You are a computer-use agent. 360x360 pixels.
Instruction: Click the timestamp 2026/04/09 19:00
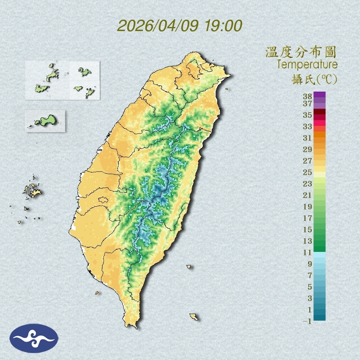pos(180,26)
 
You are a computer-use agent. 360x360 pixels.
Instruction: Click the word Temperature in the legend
pos(307,65)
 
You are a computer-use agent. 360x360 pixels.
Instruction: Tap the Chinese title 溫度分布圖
pos(301,52)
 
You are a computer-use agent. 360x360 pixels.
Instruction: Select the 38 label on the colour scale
pos(308,97)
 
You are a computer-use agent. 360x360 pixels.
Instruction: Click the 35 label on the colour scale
pos(308,115)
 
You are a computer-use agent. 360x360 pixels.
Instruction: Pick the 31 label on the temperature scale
pos(308,138)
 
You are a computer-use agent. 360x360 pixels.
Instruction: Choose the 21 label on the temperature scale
pos(308,195)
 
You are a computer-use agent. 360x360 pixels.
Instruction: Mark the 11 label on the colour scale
pos(308,252)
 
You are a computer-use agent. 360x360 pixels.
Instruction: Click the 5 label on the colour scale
pos(310,286)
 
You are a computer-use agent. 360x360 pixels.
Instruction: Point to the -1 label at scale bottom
pos(308,321)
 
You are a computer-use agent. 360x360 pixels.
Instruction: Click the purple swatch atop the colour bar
pos(319,94)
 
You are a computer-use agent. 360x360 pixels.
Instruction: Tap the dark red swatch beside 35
pos(319,112)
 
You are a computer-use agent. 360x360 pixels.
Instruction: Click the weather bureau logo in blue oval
pos(34,338)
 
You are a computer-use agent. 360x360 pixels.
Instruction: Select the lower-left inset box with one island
pos(45,121)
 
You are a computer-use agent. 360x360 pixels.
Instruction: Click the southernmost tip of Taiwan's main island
pos(132,326)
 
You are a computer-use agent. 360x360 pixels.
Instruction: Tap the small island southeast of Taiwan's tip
pos(194,317)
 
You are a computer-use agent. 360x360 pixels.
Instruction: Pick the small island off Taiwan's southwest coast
pos(97,292)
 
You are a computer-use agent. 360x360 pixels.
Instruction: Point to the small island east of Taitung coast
pos(189,267)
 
